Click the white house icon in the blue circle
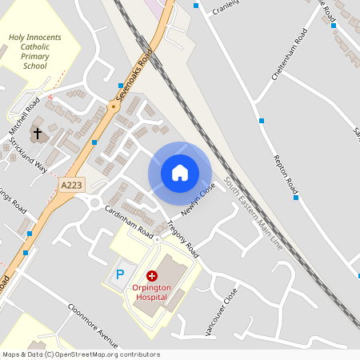(x=180, y=173)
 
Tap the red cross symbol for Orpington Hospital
(x=152, y=276)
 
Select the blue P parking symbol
(x=121, y=274)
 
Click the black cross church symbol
(x=37, y=131)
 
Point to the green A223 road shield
(x=70, y=185)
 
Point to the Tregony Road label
(x=182, y=239)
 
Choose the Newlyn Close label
(x=199, y=199)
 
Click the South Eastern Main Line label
(x=254, y=211)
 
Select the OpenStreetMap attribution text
(x=81, y=354)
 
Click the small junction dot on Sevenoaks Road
(x=113, y=106)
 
